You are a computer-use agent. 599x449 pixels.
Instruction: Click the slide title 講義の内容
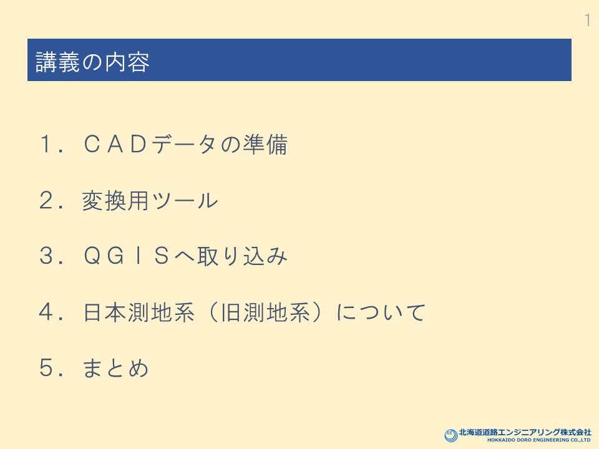92,62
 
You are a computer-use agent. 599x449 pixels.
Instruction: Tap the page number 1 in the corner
588,20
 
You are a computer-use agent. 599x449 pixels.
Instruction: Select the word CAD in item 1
115,144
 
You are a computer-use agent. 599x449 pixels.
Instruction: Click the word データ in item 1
185,144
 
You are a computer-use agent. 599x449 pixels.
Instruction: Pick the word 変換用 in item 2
115,200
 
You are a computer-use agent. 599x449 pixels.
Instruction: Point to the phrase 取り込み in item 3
243,256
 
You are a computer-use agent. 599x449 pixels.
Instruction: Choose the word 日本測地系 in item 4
139,312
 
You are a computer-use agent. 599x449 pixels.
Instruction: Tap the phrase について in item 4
381,312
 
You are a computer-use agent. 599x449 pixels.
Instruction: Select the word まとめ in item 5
115,368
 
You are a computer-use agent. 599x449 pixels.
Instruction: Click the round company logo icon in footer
450,435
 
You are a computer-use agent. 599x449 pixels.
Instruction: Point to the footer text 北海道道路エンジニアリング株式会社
525,432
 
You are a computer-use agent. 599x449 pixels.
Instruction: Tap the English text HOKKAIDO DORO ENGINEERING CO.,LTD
538,440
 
